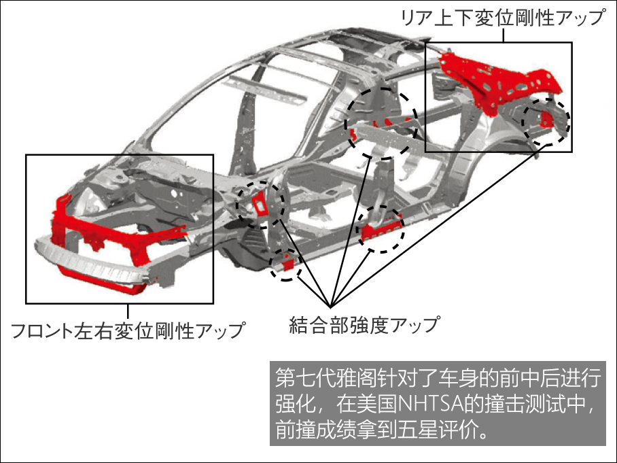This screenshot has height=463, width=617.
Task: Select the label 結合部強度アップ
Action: tap(364, 324)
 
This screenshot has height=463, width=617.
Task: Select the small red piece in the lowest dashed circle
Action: tap(285, 263)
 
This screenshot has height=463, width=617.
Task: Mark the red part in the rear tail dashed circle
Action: tap(546, 118)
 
